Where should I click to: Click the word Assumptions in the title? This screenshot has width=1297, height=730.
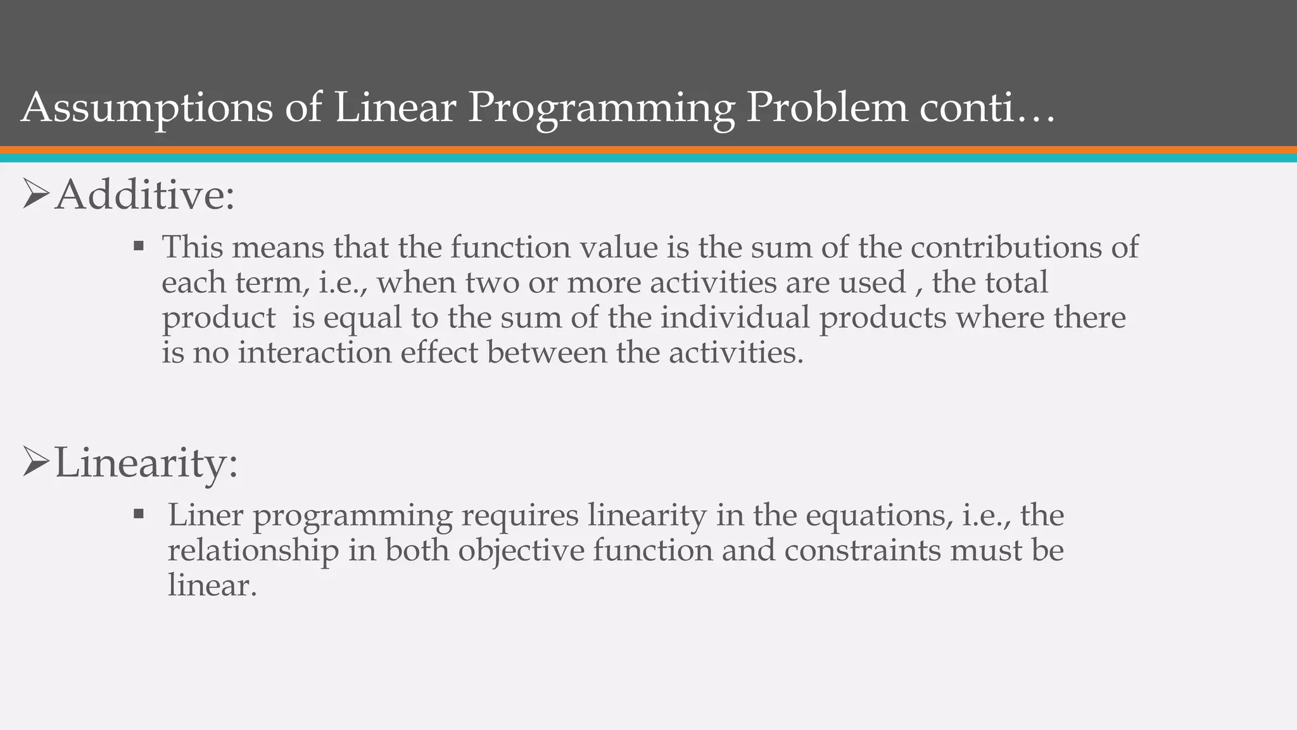click(147, 108)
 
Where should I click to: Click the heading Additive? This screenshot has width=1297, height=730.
click(144, 195)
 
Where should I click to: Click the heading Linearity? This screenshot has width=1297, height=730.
click(146, 463)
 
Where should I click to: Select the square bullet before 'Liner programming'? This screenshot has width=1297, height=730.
click(139, 513)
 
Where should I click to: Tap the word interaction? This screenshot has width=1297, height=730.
click(315, 352)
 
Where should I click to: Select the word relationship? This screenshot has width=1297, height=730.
click(253, 550)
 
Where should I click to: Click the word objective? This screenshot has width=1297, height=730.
click(521, 550)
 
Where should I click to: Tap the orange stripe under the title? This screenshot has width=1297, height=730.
click(648, 150)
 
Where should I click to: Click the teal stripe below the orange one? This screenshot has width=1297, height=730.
click(648, 158)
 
